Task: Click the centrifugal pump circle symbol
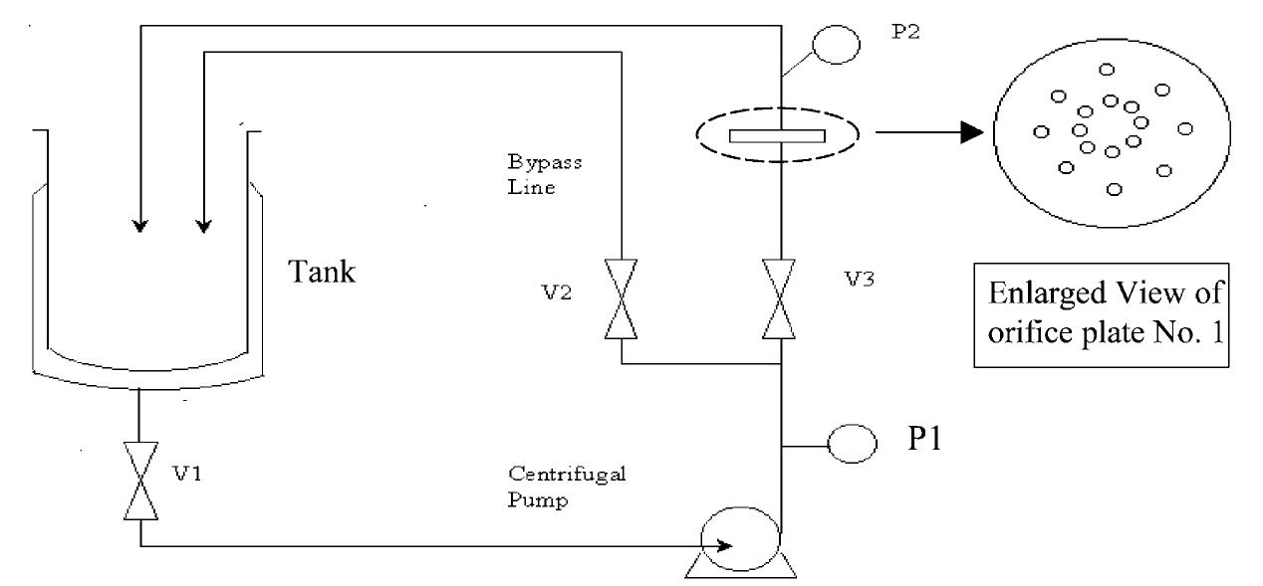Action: coord(739,540)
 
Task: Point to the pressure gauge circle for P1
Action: coord(849,445)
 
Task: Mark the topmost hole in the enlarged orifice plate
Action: coord(1106,69)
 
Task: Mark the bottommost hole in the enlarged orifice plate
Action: coord(1115,188)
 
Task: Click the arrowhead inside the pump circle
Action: coord(727,545)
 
